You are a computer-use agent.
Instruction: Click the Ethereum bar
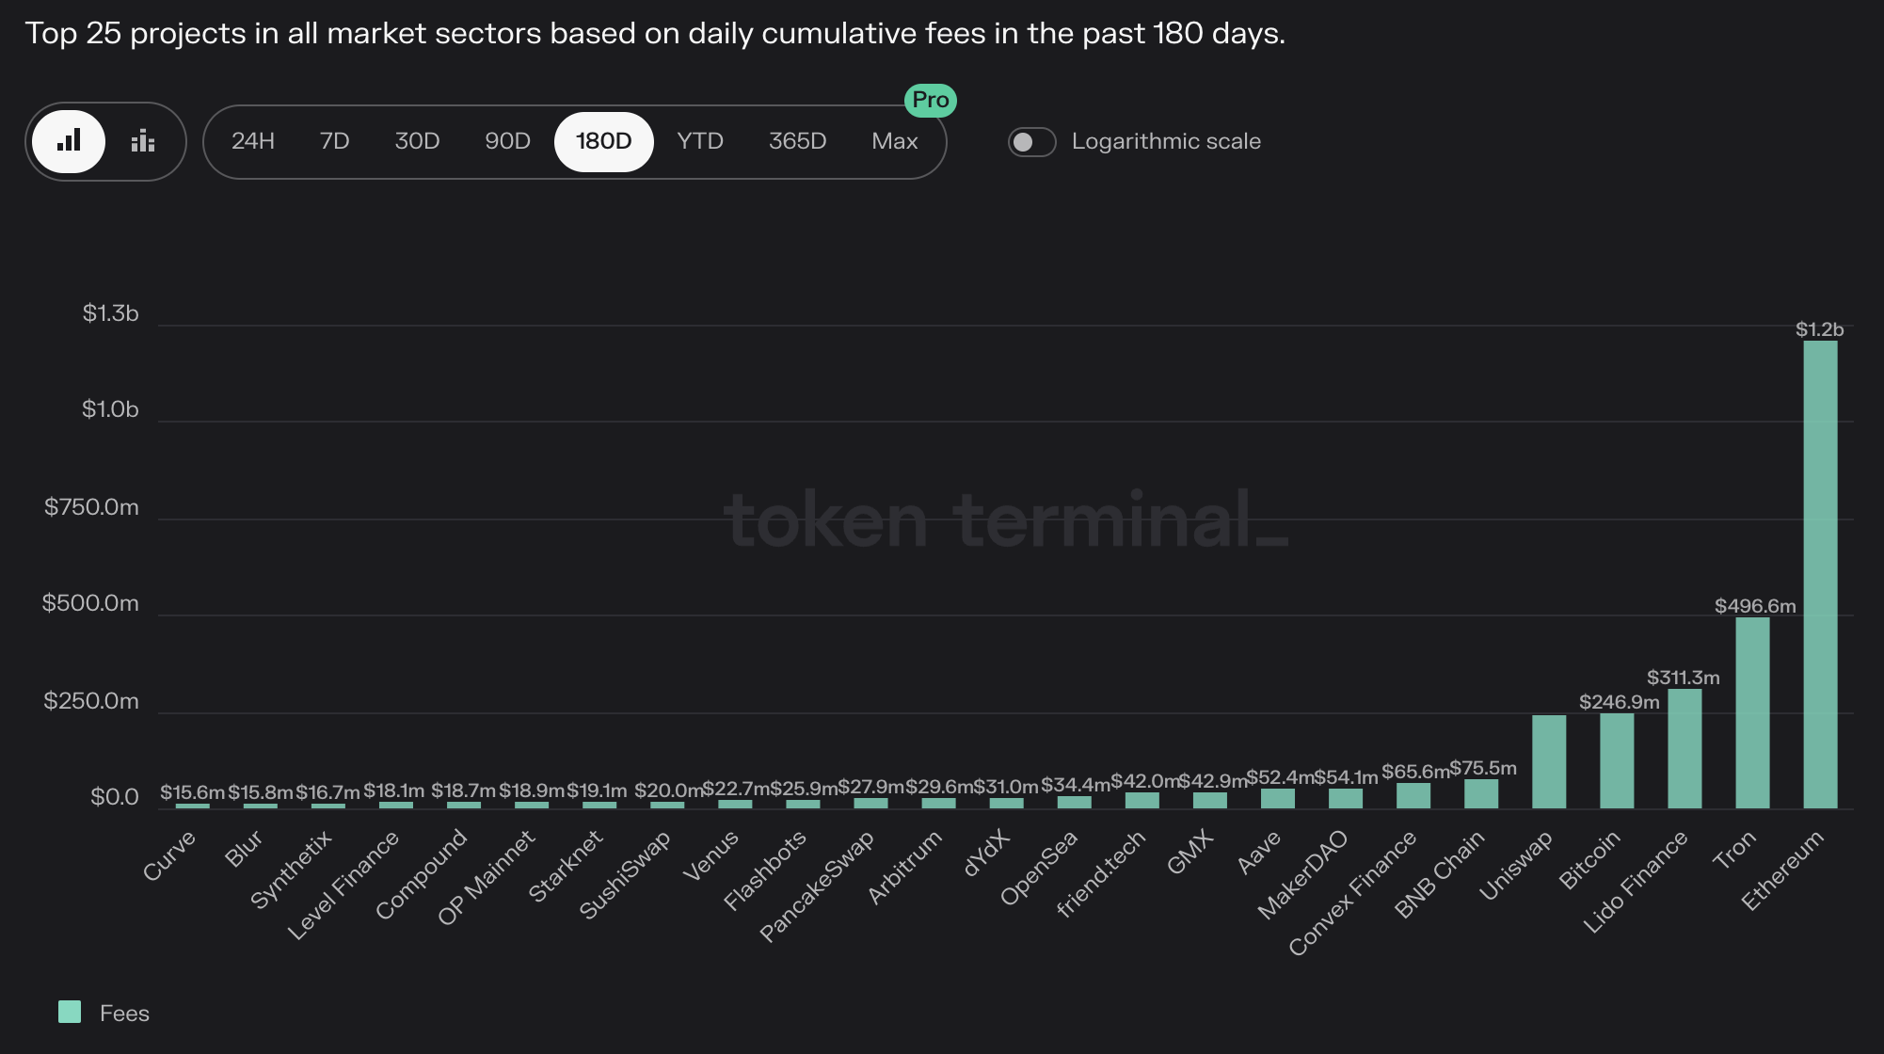point(1820,574)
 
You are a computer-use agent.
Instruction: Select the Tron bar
point(1752,712)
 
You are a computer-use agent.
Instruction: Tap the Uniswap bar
point(1549,761)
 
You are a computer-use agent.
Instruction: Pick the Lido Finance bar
point(1684,748)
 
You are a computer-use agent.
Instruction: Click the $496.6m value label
point(1755,606)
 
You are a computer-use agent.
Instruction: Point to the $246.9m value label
point(1619,702)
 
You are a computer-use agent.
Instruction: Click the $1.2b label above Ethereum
point(1819,329)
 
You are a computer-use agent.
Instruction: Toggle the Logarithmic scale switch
point(1031,142)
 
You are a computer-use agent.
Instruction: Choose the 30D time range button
point(417,141)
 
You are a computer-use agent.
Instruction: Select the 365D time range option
point(797,141)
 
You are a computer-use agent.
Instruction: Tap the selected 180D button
point(603,141)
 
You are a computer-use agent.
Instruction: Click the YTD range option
point(700,141)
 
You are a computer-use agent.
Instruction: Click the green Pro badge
point(930,100)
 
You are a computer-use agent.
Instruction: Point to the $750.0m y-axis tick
point(91,507)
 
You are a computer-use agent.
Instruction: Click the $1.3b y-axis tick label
point(110,313)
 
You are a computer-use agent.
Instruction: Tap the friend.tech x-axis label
point(1101,872)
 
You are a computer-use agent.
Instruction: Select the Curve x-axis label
point(169,854)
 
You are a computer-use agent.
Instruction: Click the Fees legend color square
point(70,1013)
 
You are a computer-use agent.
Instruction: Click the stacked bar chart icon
point(143,141)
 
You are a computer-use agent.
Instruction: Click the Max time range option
point(894,141)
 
